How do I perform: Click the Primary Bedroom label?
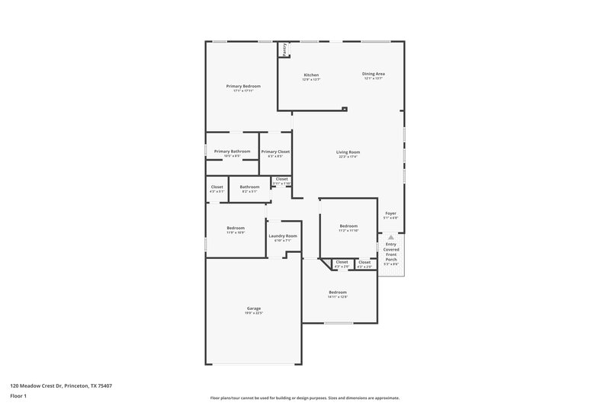tap(243, 86)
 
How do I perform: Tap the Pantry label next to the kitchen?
tap(285, 48)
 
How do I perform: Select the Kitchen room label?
tap(311, 75)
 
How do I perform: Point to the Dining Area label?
tap(374, 74)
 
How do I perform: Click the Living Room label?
tap(348, 152)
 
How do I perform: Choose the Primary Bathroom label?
tap(232, 151)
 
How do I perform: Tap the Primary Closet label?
tap(275, 152)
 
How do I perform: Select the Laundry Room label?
tap(282, 236)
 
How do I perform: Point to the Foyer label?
tap(390, 213)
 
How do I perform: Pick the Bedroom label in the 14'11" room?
tap(338, 292)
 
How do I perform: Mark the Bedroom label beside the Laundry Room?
tap(235, 228)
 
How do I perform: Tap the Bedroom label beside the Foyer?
tap(348, 225)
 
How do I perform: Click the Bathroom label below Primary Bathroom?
tap(249, 187)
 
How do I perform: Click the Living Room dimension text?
tap(348, 157)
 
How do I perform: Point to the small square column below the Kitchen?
tap(345, 109)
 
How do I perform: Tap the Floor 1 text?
tap(19, 396)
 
